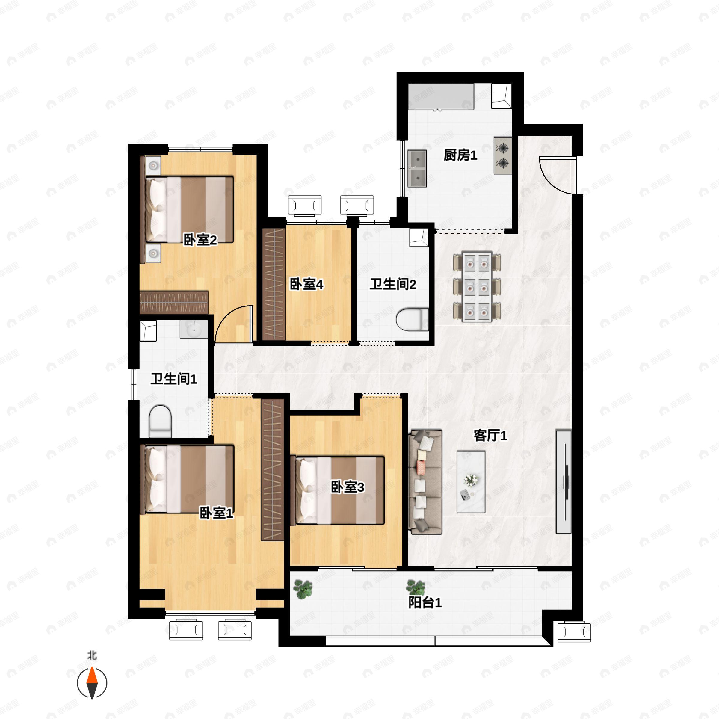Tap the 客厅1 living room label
click(490, 435)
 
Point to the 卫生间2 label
click(393, 284)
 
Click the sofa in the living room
click(425, 482)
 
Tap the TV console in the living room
click(564, 482)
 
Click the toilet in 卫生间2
click(412, 319)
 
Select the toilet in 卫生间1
click(160, 421)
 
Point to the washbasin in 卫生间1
click(194, 329)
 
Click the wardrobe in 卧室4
click(274, 284)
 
